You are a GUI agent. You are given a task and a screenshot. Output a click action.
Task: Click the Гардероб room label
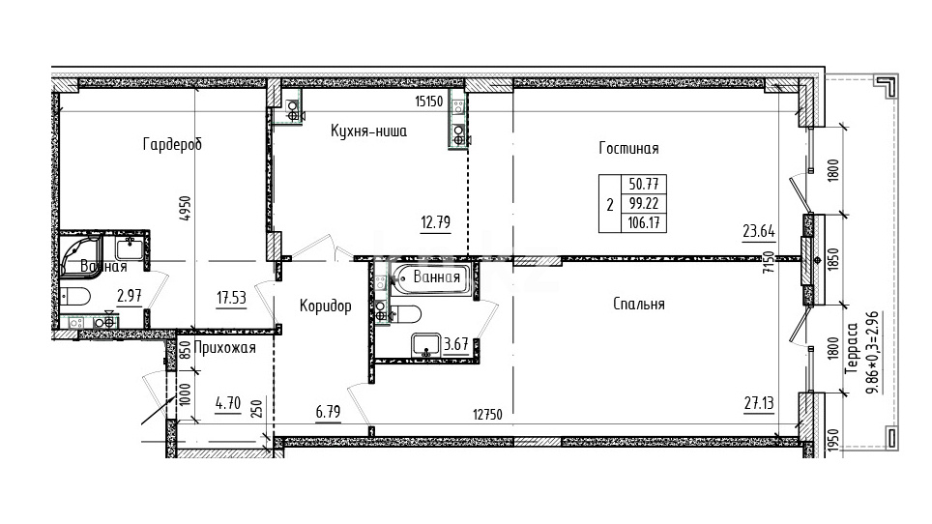(x=172, y=144)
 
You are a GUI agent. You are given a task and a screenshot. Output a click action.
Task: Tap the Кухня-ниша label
(x=368, y=131)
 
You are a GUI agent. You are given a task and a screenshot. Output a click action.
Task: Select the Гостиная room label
(x=628, y=148)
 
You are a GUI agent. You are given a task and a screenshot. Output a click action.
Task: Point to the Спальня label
(x=639, y=305)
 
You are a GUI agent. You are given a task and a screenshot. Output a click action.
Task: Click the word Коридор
(x=325, y=306)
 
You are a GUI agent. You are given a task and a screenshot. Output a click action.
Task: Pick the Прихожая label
(x=224, y=348)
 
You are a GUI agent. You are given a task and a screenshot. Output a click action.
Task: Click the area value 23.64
(x=759, y=230)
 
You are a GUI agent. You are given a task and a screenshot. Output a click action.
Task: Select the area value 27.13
(x=759, y=403)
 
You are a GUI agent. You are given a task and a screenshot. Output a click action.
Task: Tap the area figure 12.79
(x=436, y=222)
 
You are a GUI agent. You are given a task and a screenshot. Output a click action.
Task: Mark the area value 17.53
(x=231, y=297)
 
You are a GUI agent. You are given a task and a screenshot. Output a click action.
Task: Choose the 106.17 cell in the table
(x=644, y=223)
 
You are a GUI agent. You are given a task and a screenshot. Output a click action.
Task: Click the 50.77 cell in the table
(x=644, y=184)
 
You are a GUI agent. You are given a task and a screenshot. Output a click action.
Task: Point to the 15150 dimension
(x=428, y=102)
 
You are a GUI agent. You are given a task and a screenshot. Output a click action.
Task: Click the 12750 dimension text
(x=487, y=415)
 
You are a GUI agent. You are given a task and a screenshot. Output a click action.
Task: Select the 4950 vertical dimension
(x=186, y=209)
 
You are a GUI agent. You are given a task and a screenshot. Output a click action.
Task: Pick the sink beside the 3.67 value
(x=425, y=344)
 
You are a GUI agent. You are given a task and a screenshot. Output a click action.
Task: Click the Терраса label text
(x=853, y=348)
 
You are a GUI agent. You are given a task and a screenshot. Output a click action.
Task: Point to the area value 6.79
(x=328, y=411)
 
